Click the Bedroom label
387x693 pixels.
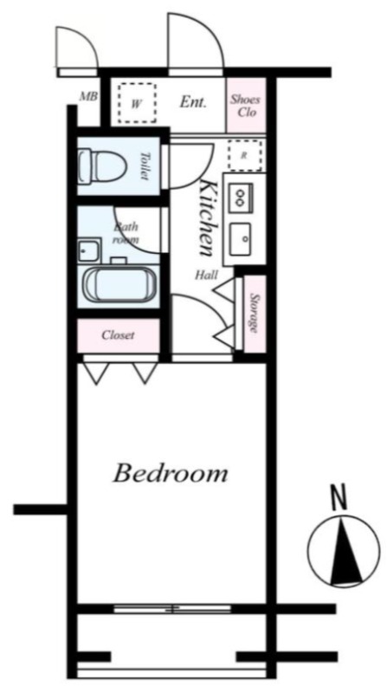pyautogui.click(x=170, y=473)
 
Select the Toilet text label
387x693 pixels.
pyautogui.click(x=145, y=165)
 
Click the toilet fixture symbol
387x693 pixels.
pyautogui.click(x=100, y=166)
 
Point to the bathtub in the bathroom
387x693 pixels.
pyautogui.click(x=120, y=286)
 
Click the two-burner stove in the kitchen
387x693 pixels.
pyautogui.click(x=240, y=198)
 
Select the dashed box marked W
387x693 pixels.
pyautogui.click(x=137, y=103)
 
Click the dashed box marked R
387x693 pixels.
pyautogui.click(x=245, y=156)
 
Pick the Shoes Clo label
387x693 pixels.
pyautogui.click(x=245, y=105)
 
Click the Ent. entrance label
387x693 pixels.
pyautogui.click(x=193, y=102)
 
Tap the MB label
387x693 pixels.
pyautogui.click(x=88, y=96)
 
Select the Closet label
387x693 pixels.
pyautogui.click(x=118, y=335)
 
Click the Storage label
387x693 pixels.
pyautogui.click(x=255, y=313)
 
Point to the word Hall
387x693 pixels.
pyautogui.click(x=207, y=275)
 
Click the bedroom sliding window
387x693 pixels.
pyautogui.click(x=172, y=609)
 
